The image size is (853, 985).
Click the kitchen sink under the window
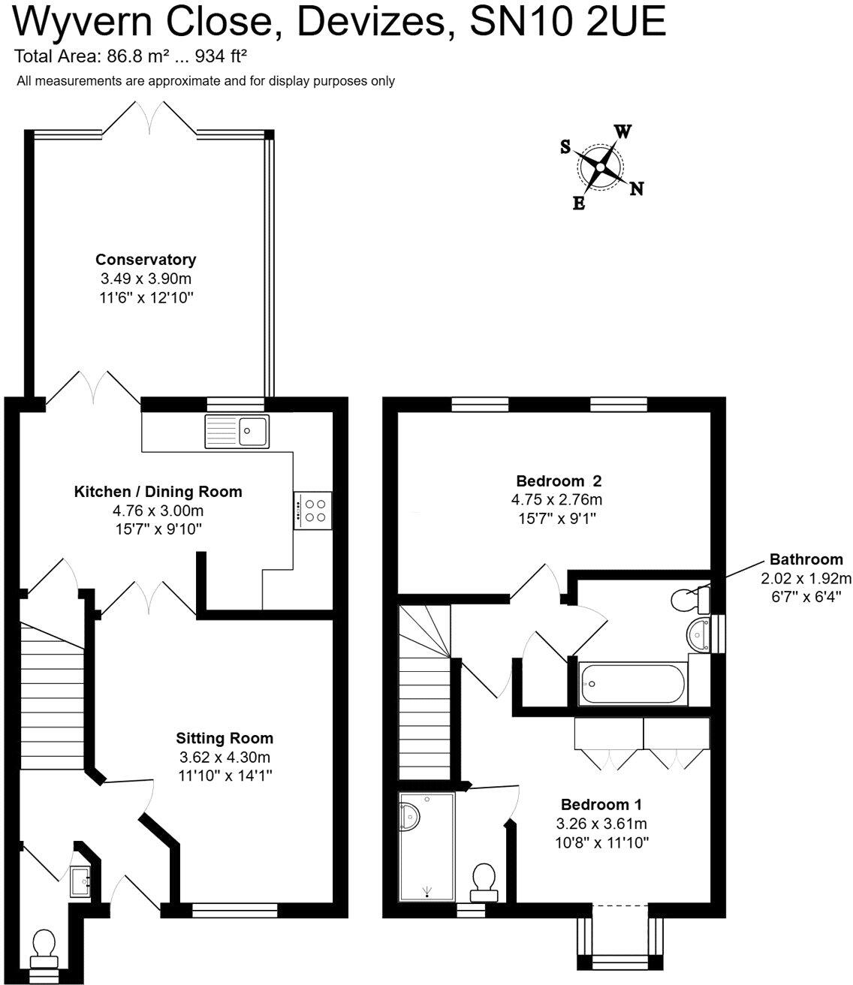tap(236, 431)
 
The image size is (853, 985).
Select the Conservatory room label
tap(146, 260)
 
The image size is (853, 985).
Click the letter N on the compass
tap(636, 188)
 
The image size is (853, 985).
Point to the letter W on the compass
tap(622, 131)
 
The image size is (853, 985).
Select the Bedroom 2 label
tap(559, 480)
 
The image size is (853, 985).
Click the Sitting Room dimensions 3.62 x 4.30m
tap(225, 757)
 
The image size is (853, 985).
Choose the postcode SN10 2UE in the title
tap(568, 23)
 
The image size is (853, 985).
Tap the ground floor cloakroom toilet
tap(44, 949)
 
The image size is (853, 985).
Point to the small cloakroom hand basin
tap(80, 882)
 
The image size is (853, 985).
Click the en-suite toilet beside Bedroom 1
tap(484, 881)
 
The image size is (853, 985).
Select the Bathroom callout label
tap(806, 559)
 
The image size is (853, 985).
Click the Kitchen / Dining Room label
tap(158, 492)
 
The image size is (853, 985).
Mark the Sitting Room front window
tap(235, 911)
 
